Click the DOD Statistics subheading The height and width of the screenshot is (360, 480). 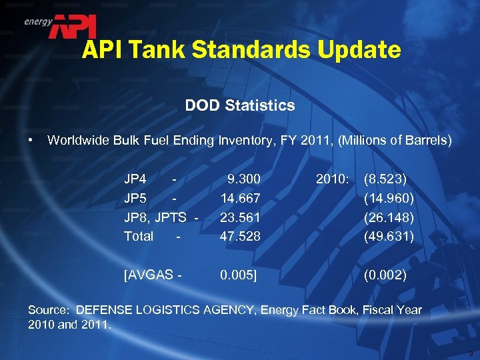(240, 105)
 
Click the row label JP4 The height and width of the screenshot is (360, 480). (135, 179)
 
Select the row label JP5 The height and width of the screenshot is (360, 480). (135, 198)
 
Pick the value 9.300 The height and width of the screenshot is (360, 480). (243, 179)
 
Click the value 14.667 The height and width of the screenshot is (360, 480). (240, 198)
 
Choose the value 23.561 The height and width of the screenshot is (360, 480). (240, 217)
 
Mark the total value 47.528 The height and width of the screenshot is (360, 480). (240, 236)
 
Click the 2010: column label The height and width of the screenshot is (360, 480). (331, 179)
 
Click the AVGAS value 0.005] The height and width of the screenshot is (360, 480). (239, 274)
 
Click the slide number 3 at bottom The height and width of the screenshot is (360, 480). (471, 353)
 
